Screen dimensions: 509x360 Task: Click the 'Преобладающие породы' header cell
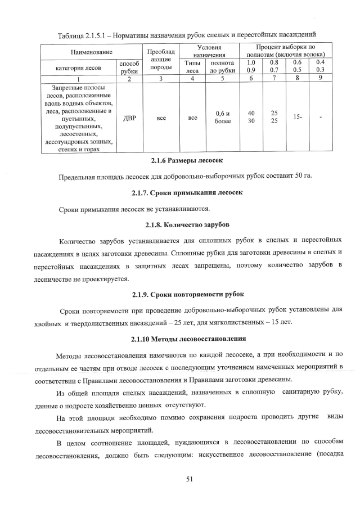161,60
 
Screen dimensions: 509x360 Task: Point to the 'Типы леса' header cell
192,67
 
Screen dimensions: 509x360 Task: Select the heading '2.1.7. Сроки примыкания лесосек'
179,193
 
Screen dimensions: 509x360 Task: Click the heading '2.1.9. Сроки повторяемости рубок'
179,294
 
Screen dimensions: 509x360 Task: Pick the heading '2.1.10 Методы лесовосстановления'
179,339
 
